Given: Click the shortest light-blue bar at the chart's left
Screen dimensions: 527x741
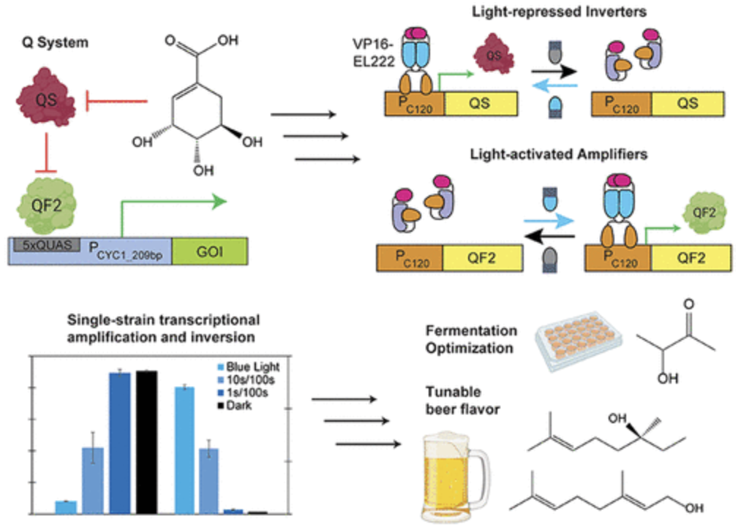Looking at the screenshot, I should pos(66,507).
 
